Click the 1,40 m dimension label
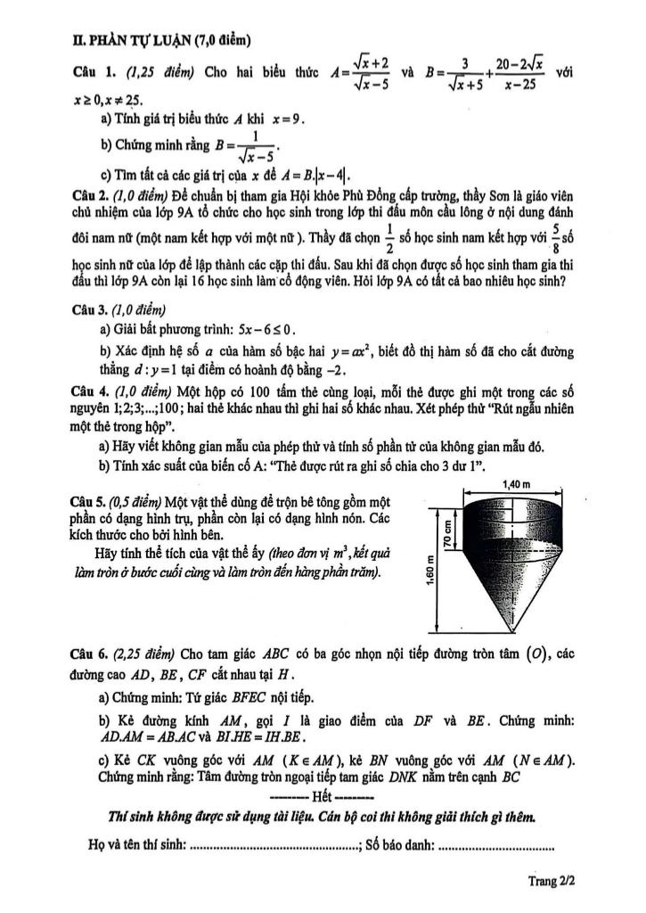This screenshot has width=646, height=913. pos(517,482)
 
